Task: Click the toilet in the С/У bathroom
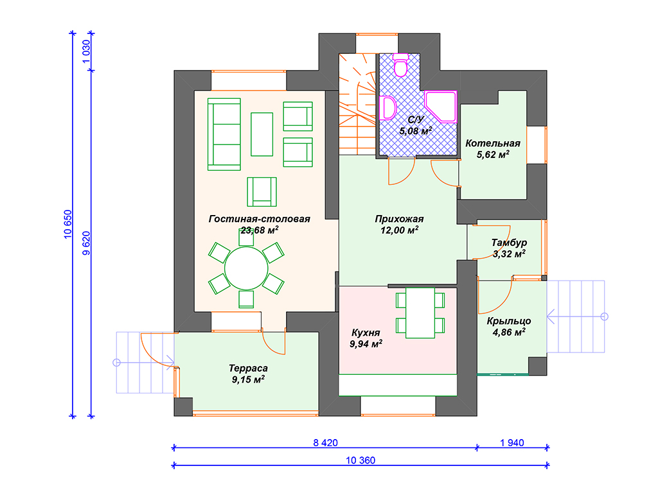[x=401, y=65]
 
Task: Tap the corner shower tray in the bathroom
[x=441, y=106]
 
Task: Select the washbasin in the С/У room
[x=388, y=108]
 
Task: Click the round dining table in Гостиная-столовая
[x=246, y=268]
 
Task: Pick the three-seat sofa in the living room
[x=224, y=135]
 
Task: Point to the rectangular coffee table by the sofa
[x=262, y=134]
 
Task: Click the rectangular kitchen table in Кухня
[x=420, y=313]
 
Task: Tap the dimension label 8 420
[x=325, y=443]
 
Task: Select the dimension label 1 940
[x=512, y=443]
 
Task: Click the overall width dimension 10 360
[x=360, y=460]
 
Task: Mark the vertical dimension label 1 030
[x=87, y=51]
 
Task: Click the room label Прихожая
[x=399, y=219]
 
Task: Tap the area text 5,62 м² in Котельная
[x=493, y=154]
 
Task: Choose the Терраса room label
[x=248, y=368]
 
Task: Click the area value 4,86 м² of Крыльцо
[x=509, y=333]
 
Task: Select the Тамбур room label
[x=509, y=242]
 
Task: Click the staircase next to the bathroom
[x=357, y=104]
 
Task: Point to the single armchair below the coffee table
[x=262, y=191]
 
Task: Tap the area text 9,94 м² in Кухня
[x=366, y=344]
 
